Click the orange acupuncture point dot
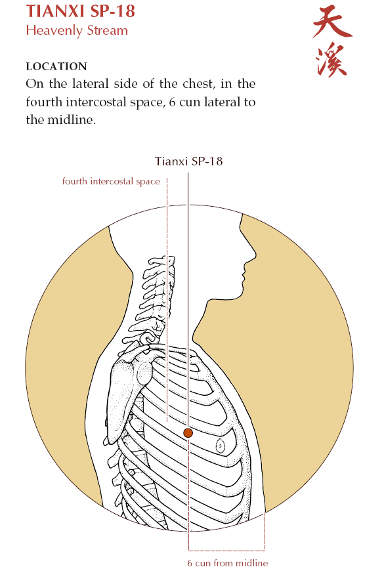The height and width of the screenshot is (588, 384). point(188,432)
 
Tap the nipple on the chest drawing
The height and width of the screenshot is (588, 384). point(220,446)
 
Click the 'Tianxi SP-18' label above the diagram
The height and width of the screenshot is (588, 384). point(188,161)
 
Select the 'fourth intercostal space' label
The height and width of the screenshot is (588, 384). point(111,182)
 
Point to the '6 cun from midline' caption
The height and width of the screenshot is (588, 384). point(228,563)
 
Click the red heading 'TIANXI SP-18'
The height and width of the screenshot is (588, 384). point(80,11)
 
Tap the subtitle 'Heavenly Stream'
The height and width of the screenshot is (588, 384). point(77,30)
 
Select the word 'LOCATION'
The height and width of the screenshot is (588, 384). point(56,66)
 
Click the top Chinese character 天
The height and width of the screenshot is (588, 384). point(332,22)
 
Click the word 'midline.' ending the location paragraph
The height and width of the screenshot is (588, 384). point(72,119)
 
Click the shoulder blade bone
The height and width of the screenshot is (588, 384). point(120,398)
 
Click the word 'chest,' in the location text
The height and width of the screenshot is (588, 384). point(199,83)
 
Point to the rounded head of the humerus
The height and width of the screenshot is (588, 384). point(145,375)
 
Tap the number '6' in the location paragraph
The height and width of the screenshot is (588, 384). point(172,102)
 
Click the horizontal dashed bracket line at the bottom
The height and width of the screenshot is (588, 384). point(227,551)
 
